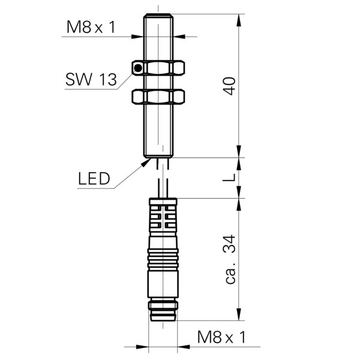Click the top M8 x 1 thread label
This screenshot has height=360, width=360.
point(91,27)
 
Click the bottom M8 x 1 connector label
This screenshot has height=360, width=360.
point(221,337)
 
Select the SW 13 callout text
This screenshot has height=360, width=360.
point(91,79)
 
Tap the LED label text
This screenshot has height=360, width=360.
point(94,179)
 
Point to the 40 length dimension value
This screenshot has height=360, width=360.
point(230,86)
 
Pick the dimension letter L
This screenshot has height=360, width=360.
point(229,178)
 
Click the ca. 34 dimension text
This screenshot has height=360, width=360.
point(230,259)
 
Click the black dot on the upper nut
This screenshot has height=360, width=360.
point(138,68)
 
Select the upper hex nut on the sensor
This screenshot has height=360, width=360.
point(158,68)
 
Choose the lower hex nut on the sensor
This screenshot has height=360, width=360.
point(158,97)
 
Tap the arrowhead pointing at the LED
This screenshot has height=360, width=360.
point(146,163)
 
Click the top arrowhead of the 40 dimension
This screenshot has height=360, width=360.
point(239,20)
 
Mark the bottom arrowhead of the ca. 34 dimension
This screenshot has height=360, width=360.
point(239,314)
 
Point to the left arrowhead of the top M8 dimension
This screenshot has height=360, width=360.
point(137,37)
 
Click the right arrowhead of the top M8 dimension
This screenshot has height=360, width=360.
point(179,37)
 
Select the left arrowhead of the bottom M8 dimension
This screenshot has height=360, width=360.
point(142,347)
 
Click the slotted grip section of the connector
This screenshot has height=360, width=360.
point(163,217)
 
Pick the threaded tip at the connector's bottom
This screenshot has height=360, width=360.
point(163,311)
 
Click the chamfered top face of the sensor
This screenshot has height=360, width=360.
point(158,15)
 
